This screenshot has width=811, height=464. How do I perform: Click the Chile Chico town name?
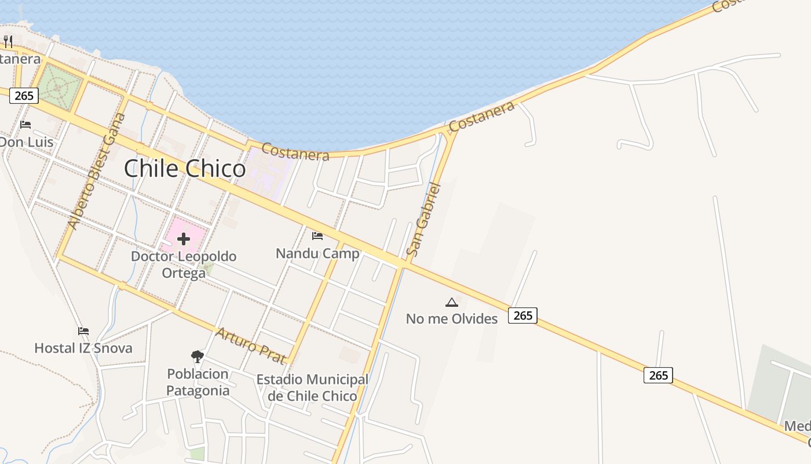185,169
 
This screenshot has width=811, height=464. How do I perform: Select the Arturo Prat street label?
251,345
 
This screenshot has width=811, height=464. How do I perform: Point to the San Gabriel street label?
423,219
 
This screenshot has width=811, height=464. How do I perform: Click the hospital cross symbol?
184,238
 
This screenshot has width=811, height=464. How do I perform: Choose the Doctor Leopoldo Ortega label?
184,264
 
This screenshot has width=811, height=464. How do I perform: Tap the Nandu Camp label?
317,253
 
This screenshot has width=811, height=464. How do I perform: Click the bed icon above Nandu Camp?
317,235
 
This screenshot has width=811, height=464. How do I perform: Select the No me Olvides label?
452,318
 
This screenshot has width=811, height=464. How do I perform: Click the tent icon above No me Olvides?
452,302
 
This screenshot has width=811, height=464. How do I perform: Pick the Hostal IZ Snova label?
83,348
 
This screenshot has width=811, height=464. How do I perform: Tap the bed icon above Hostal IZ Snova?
83,331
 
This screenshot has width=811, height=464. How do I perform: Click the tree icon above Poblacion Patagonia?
198,356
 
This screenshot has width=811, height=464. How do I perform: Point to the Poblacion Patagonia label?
198,382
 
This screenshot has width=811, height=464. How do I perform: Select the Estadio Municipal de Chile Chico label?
312,387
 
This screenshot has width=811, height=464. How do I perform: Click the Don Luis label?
27,142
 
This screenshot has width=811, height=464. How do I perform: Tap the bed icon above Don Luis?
25,124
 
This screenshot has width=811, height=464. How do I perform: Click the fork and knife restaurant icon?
8,41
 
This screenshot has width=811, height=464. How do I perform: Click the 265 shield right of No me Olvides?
523,315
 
